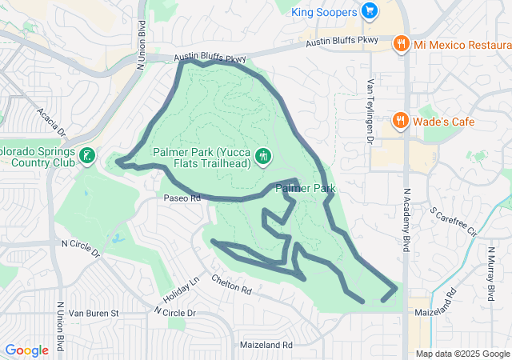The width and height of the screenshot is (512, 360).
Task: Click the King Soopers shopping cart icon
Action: [369, 10]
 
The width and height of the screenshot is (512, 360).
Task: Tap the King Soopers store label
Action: [326, 11]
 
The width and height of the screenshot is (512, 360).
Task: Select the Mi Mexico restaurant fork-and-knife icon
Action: [402, 45]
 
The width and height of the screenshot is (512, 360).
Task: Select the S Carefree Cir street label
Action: [453, 223]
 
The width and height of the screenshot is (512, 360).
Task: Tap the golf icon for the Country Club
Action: [86, 157]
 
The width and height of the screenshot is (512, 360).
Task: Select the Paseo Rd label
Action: [182, 198]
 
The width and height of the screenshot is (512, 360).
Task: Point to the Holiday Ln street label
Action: [183, 290]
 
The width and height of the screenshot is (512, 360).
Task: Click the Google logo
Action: [26, 350]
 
